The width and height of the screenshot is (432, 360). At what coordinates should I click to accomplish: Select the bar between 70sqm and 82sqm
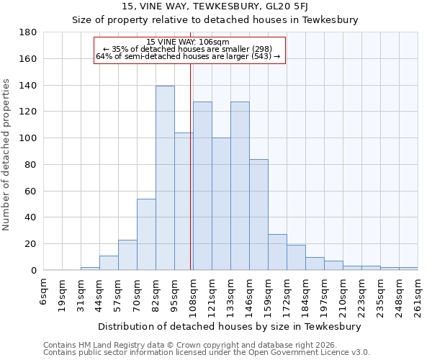tap(146, 234)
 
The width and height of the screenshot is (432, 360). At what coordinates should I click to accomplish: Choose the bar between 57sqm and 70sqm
tap(127, 255)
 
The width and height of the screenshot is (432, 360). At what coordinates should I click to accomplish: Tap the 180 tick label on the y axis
tap(27, 33)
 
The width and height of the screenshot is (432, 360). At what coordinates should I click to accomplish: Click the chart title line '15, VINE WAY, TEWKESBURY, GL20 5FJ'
tap(215, 6)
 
